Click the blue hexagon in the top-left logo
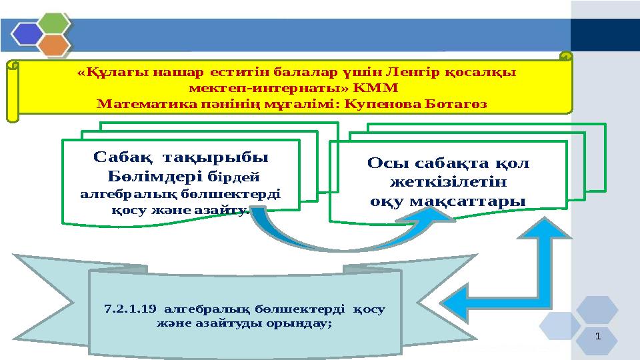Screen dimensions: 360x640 pyautogui.click(x=27, y=33)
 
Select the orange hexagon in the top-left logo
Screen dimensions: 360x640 pyautogui.click(x=56, y=45)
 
